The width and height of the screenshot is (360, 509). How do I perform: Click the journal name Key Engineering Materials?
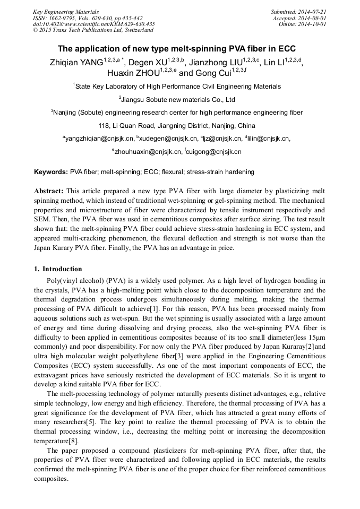(66, 12)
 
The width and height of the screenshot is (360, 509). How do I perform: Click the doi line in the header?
(93, 24)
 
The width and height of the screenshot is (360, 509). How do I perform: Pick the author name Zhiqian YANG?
(71, 63)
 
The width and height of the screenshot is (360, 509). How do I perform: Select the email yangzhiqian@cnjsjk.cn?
(99, 139)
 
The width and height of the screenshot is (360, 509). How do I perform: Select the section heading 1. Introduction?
(58, 269)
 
